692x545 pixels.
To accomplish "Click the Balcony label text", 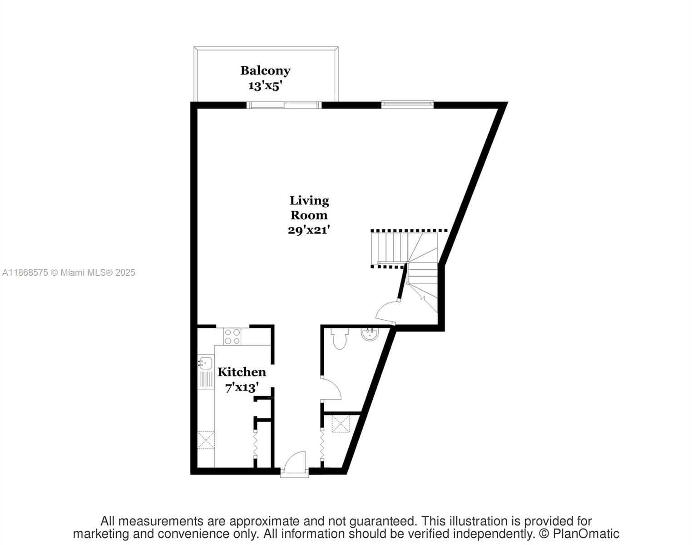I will (x=265, y=70).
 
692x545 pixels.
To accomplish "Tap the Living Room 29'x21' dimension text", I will (x=308, y=230).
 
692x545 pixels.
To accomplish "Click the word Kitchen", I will (x=242, y=372).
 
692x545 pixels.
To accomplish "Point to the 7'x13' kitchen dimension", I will (x=242, y=387).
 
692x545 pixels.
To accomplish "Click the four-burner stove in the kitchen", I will (x=232, y=336).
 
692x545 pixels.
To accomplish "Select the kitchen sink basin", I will (x=206, y=363).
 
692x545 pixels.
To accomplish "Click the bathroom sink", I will (x=370, y=335).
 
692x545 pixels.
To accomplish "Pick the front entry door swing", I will (x=294, y=462).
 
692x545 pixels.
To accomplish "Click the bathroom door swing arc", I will (x=331, y=389).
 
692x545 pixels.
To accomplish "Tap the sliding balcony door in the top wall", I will (x=284, y=105).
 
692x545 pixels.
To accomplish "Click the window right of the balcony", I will (x=407, y=104).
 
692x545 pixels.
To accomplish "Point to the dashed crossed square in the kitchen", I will (x=206, y=440).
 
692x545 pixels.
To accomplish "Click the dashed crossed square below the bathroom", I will (x=341, y=423).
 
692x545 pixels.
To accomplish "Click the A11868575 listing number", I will (x=25, y=272).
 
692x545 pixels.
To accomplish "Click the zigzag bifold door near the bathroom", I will (x=322, y=445).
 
